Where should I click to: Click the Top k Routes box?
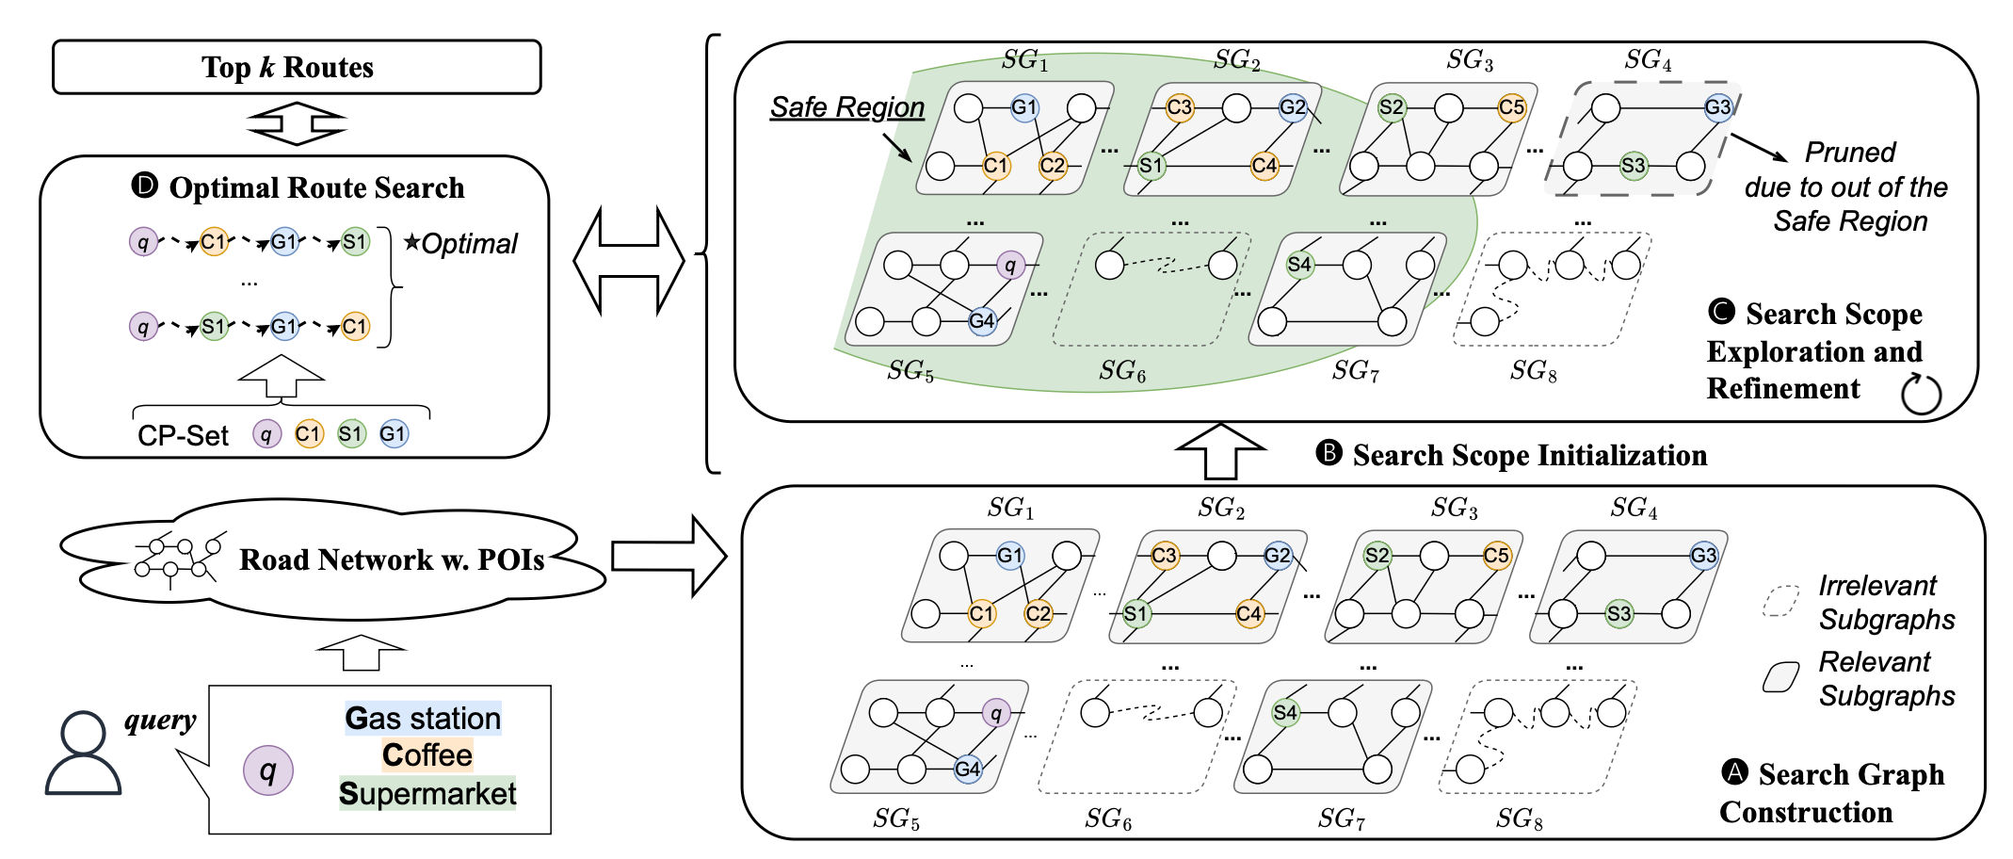[297, 67]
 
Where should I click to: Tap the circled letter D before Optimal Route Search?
[144, 185]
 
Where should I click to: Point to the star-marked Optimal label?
[461, 244]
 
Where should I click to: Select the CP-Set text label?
[183, 436]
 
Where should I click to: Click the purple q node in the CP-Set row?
[266, 434]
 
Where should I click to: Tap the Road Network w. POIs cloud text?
[391, 559]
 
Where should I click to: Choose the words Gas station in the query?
[423, 718]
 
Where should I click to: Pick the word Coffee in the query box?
[427, 755]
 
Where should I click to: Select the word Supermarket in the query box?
[427, 793]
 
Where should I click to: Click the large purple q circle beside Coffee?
[268, 770]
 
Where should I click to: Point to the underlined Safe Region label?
[847, 107]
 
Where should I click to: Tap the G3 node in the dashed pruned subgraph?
[1717, 107]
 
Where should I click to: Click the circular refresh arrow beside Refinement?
[1921, 394]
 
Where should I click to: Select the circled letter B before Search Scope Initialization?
[1329, 453]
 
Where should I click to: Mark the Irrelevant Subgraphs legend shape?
[1781, 601]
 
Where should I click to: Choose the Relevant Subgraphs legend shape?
[1781, 676]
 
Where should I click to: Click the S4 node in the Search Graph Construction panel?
[1284, 712]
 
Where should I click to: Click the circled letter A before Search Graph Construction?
[1734, 772]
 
